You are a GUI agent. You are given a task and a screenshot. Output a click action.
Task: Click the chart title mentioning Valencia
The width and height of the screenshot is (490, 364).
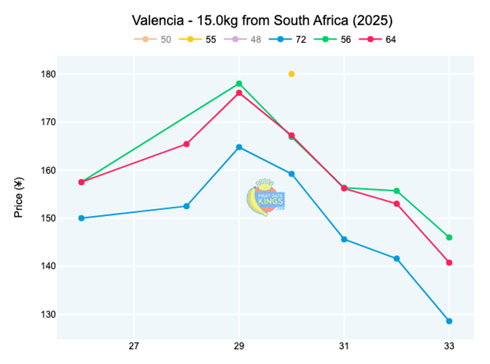pos(262,21)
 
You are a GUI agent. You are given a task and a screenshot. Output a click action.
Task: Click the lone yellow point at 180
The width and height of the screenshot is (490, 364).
pos(292,74)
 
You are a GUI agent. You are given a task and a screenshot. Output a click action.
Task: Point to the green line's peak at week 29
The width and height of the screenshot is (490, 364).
pos(239,84)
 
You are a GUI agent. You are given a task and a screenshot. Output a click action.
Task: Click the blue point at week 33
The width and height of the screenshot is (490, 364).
pos(449,321)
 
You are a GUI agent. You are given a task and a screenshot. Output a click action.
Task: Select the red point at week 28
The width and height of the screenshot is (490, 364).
pos(187,144)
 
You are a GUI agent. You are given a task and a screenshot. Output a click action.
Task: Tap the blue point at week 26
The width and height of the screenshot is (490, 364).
pos(82,218)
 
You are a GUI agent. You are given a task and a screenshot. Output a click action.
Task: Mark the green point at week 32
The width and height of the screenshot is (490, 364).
pos(397,191)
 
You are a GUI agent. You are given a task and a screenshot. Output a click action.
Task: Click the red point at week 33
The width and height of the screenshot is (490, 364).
pos(449,263)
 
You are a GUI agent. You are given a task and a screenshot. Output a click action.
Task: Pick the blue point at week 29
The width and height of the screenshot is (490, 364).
pos(239,147)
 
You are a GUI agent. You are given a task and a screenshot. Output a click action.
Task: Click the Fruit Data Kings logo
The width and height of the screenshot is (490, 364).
pos(266,197)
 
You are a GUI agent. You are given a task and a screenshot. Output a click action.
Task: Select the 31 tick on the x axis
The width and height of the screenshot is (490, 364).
pos(344,346)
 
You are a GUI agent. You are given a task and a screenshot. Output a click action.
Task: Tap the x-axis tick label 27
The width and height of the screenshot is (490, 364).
pos(134,346)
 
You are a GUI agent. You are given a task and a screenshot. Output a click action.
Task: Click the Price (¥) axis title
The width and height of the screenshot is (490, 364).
pos(19,198)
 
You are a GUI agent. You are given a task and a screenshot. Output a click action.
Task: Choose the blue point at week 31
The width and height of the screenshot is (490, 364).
pos(344,239)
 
